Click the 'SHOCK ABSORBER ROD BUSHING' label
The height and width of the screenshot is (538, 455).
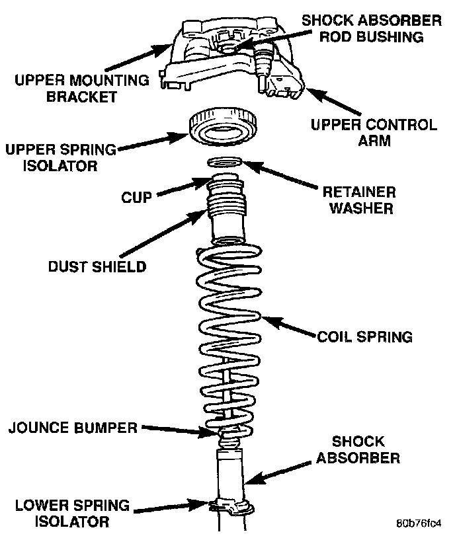click(x=371, y=28)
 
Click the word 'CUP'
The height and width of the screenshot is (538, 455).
click(x=137, y=197)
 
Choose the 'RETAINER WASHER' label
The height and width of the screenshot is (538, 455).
click(x=358, y=200)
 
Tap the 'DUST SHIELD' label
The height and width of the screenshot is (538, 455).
click(x=97, y=267)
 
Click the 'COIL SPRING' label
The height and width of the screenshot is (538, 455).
click(x=364, y=336)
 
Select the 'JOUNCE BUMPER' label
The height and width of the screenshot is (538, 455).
click(x=73, y=428)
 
